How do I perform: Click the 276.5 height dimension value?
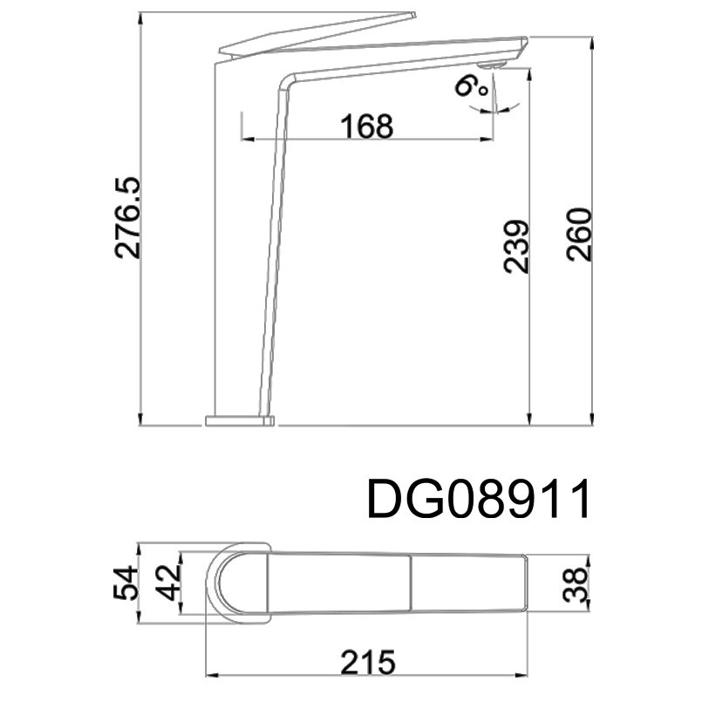click(x=128, y=218)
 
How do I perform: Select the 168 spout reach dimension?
click(x=366, y=126)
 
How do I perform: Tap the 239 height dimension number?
click(x=515, y=246)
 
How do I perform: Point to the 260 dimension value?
click(x=578, y=235)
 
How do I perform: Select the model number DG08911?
click(x=478, y=499)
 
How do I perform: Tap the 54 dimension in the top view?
click(x=126, y=583)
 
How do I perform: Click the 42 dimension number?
click(x=169, y=583)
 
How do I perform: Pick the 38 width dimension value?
click(x=575, y=583)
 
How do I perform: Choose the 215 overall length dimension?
click(x=368, y=662)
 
